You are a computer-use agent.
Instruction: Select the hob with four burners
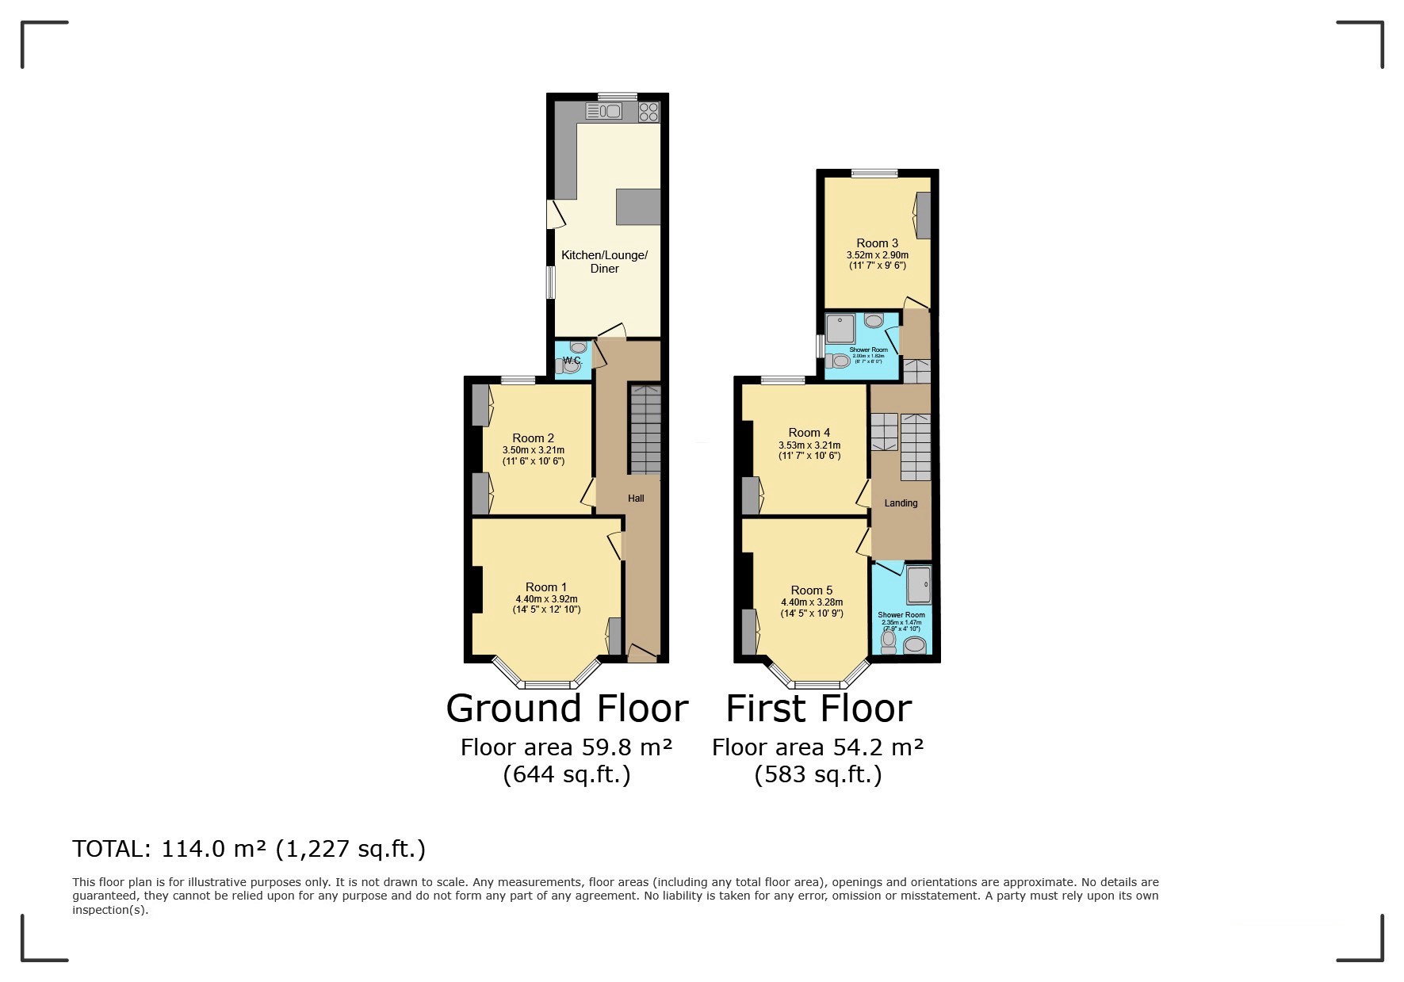coord(648,111)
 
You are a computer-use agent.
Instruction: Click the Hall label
coord(636,499)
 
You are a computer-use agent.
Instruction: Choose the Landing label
coord(901,503)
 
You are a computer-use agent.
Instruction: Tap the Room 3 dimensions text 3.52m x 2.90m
coord(877,255)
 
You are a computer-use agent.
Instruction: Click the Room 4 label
coord(809,433)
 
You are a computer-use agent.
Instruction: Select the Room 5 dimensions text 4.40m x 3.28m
coord(811,602)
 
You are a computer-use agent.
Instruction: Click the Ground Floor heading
coord(566,708)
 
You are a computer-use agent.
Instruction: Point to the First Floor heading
coord(818,708)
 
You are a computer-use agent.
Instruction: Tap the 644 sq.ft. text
coord(566,774)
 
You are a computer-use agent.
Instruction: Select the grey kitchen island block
coord(638,207)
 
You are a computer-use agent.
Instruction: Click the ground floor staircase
coord(645,429)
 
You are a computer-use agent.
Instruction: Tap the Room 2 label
coord(533,438)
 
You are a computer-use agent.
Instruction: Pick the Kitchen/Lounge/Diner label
coord(604,262)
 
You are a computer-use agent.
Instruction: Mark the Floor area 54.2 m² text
coord(817,747)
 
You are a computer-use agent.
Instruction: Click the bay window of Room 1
coord(546,684)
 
